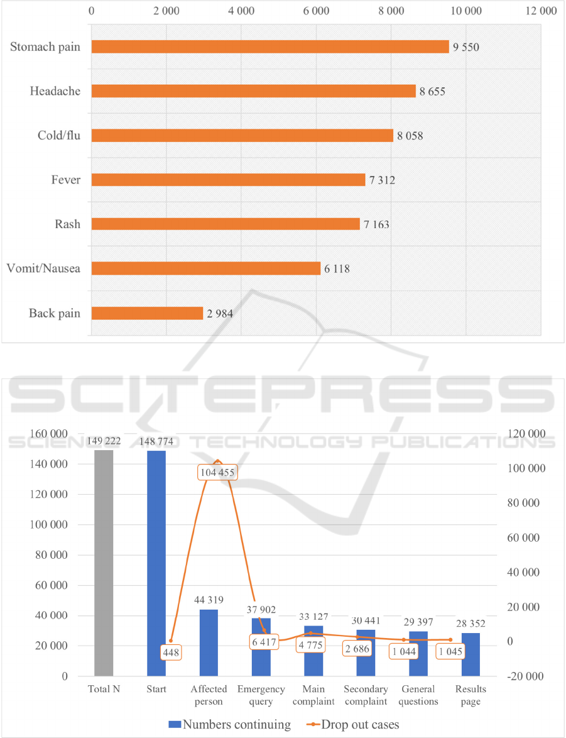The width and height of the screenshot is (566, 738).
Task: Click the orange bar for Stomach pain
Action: pos(270,47)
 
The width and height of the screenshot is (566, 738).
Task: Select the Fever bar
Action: pos(228,180)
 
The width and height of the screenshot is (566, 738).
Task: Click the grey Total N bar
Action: pos(104,563)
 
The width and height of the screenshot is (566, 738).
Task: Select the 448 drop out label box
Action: pos(171,653)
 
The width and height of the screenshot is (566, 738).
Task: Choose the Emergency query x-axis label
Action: pos(261,695)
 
